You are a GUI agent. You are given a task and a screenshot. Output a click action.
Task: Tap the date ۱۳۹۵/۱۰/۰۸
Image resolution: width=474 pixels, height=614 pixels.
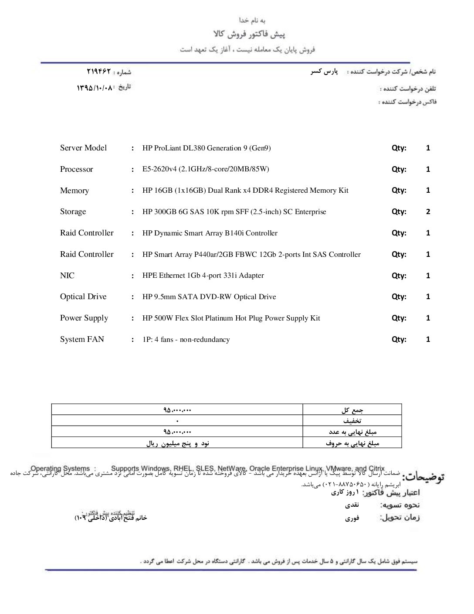point(95,87)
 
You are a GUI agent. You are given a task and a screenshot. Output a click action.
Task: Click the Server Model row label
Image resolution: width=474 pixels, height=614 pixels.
point(83,148)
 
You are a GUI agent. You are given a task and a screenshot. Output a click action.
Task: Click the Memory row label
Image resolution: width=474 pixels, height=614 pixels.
point(74,191)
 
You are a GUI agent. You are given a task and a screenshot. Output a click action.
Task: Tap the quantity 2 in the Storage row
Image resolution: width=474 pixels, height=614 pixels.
point(428,211)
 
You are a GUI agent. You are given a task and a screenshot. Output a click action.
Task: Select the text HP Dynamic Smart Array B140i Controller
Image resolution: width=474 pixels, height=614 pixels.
point(210,233)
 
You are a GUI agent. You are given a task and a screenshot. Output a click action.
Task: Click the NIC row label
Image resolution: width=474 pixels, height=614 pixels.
point(67,276)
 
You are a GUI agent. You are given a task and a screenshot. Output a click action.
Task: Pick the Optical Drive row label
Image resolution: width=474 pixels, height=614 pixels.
point(83,297)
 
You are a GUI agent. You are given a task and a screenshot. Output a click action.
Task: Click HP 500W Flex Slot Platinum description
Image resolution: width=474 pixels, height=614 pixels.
point(231,318)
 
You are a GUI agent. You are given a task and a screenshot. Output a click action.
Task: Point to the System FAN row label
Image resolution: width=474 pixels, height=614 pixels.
point(82,339)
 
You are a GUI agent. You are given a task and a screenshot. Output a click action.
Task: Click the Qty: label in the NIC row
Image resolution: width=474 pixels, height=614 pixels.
point(399,276)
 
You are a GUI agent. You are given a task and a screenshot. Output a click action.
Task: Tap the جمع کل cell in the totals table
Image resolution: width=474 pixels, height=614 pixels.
point(352,410)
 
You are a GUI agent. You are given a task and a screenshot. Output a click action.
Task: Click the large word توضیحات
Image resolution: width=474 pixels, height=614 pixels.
point(423,477)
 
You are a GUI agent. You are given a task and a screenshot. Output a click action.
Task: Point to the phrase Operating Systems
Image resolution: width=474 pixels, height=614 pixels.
point(60,468)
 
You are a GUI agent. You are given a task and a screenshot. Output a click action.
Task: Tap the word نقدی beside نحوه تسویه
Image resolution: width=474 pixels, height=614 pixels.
point(352,505)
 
